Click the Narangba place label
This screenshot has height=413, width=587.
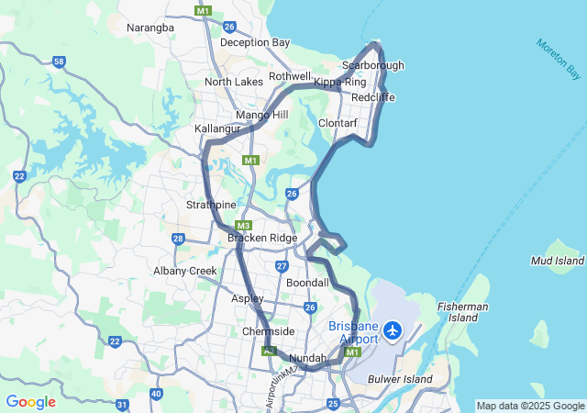150,28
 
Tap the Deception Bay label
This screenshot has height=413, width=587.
255,42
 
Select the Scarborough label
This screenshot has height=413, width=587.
372,65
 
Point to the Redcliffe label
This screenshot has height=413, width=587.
372,96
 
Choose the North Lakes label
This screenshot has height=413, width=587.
233,82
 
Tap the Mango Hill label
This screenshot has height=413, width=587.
262,115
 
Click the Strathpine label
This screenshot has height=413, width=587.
212,205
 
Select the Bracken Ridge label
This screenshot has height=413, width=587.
262,238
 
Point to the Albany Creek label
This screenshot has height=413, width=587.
184,271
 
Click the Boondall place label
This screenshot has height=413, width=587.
307,284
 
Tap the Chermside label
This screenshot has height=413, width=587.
268,331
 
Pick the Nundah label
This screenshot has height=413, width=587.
307,358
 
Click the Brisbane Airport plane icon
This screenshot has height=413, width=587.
393,329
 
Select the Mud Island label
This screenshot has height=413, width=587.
558,261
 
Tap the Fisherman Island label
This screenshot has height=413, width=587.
463,312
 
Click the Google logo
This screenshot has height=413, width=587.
30,402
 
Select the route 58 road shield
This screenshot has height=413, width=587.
59,61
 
